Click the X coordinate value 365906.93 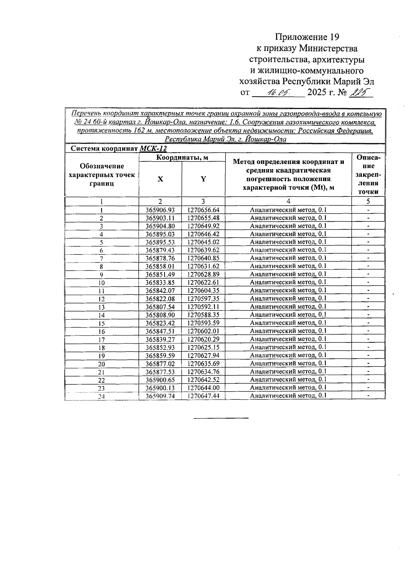tap(160, 210)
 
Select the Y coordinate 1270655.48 tap(203, 218)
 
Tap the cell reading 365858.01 tap(160, 266)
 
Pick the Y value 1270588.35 tap(203, 315)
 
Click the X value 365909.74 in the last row tap(160, 396)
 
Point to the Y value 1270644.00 tap(203, 388)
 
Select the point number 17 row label tap(101, 340)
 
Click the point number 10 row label tap(101, 283)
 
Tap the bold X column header tap(160, 179)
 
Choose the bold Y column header tap(203, 179)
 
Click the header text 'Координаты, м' tap(182, 157)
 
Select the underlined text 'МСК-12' tap(153, 149)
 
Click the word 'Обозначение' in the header tap(101, 166)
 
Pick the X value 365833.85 tap(160, 283)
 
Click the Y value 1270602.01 tap(203, 331)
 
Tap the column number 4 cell tap(288, 201)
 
